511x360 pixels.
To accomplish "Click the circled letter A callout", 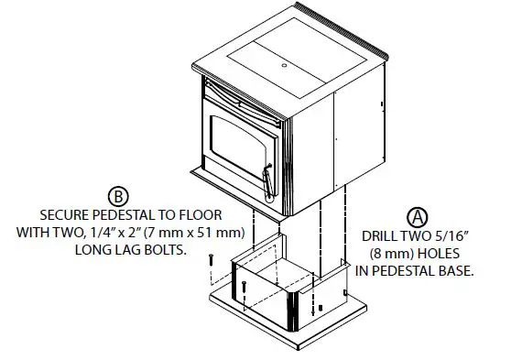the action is coord(418,217).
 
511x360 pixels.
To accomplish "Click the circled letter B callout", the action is coord(118,195).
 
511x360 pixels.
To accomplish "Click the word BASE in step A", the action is coord(454,271).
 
